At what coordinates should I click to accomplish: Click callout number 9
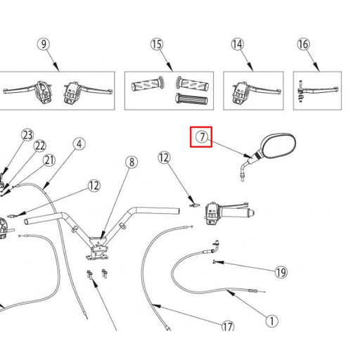(x=45, y=44)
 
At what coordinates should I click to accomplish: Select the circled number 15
(x=156, y=44)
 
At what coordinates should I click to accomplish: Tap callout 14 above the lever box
(x=238, y=44)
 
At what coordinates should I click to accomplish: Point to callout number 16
(x=303, y=44)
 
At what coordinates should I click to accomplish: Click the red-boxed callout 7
(x=202, y=137)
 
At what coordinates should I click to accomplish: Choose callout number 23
(x=27, y=134)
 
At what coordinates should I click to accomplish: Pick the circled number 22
(x=40, y=146)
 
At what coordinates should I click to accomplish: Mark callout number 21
(x=49, y=160)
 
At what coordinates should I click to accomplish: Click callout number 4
(x=79, y=143)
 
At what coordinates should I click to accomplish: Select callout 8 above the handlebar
(x=131, y=162)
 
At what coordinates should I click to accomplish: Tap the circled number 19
(x=281, y=272)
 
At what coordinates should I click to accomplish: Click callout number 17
(x=228, y=326)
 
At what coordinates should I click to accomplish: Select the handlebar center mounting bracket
(x=98, y=245)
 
